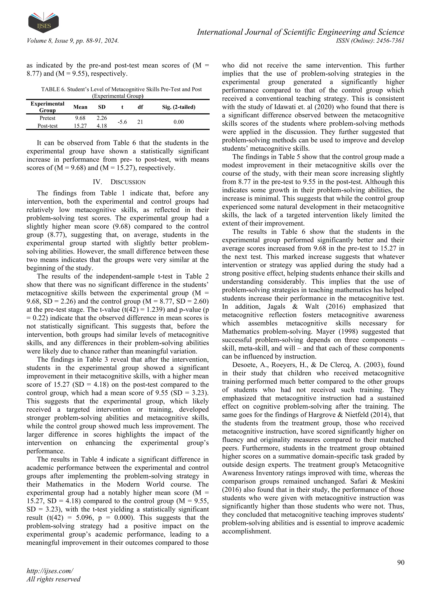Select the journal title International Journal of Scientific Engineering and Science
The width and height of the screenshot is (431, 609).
tap(301, 32)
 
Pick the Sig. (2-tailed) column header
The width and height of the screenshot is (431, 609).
tap(179, 107)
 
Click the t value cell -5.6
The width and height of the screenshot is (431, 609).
tap(122, 122)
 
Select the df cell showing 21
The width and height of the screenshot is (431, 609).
tap(140, 122)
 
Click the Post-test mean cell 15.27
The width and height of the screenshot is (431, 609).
tap(80, 126)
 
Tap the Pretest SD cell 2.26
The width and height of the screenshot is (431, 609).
tap(102, 118)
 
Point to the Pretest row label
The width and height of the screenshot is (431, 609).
tap(48, 118)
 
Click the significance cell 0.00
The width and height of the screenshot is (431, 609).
tap(179, 122)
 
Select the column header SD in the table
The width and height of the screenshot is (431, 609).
tap(102, 107)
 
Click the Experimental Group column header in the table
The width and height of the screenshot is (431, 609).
tap(48, 107)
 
